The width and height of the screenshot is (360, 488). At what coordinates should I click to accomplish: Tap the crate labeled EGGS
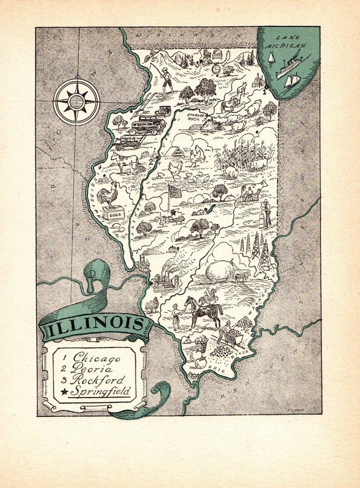click(x=112, y=213)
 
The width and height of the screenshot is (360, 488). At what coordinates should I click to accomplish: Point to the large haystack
click(x=220, y=271)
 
